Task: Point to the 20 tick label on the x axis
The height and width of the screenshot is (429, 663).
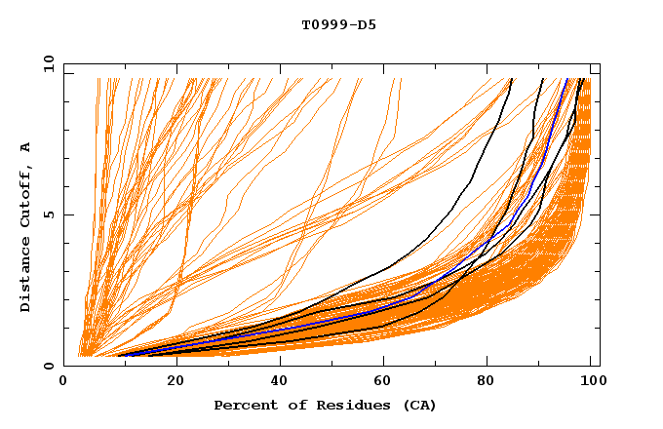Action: tap(170, 381)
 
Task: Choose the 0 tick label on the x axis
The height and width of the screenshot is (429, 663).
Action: tap(64, 381)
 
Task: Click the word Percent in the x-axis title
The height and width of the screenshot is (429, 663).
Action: tap(244, 405)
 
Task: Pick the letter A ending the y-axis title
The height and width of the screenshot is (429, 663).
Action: tap(26, 147)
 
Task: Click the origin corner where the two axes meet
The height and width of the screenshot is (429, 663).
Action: tap(64, 366)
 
